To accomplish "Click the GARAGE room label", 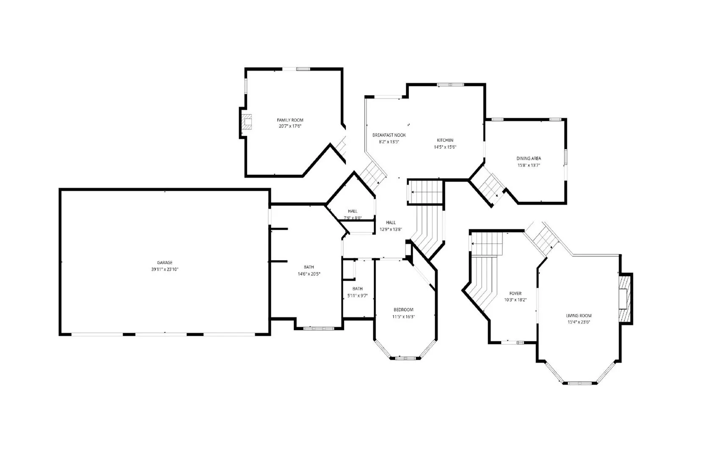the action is point(165,262).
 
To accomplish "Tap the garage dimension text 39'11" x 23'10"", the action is point(165,269).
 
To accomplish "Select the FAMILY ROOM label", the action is point(290,120).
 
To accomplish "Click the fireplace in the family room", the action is point(247,122).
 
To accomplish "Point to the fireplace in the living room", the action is point(624,299).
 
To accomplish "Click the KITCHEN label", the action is point(445,140).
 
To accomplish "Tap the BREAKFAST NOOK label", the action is point(389,135).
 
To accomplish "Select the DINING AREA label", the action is point(529,158).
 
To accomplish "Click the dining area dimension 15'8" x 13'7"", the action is point(529,165).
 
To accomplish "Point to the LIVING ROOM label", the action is point(579,316).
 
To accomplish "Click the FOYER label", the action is point(515,293).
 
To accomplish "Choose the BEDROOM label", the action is point(403,310).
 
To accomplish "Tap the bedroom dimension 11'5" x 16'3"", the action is point(403,317).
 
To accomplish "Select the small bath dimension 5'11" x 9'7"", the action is point(357,295).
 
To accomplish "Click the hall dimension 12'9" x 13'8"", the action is point(391,229).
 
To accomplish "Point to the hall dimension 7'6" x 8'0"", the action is point(353,217).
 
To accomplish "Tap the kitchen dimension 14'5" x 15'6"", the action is point(445,147).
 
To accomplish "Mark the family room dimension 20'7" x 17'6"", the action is point(290,126).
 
